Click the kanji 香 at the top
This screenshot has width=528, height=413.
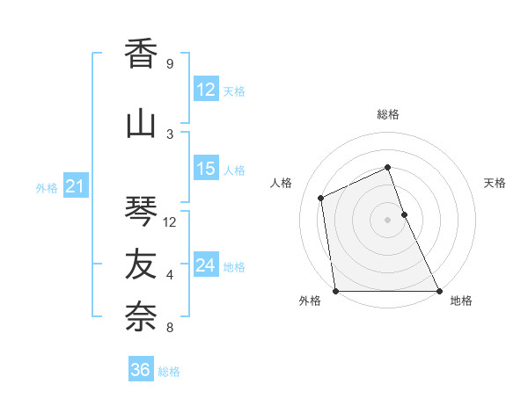click(x=141, y=54)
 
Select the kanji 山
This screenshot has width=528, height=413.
click(x=141, y=124)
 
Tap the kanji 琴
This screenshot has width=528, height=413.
click(x=141, y=212)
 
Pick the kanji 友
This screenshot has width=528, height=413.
click(x=141, y=264)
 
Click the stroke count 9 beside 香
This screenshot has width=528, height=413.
click(x=169, y=64)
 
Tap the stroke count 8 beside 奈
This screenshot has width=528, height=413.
click(x=169, y=329)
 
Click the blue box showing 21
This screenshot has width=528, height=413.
click(x=75, y=186)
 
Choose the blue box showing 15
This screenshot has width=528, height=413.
click(x=206, y=169)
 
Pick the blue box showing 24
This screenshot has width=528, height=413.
click(x=206, y=265)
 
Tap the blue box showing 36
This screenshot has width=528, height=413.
click(x=140, y=370)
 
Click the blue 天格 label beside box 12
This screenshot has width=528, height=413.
click(x=234, y=91)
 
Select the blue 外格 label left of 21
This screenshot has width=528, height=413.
click(x=47, y=187)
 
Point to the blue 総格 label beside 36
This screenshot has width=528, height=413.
click(x=169, y=372)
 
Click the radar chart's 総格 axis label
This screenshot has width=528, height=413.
click(x=388, y=114)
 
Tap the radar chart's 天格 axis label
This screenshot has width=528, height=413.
click(x=495, y=183)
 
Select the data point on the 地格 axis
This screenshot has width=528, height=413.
click(x=438, y=291)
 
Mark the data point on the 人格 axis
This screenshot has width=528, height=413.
click(x=321, y=198)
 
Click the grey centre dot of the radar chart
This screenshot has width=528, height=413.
click(x=387, y=220)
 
